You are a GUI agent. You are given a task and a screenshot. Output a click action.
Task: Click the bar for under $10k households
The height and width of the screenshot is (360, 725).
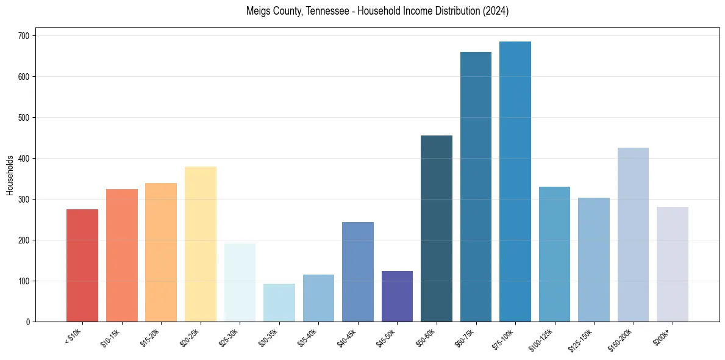[82, 265]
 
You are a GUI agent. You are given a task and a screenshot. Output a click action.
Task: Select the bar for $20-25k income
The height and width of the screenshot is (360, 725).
[200, 244]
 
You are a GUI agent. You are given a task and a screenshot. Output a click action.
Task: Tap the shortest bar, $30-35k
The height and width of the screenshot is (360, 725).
[279, 303]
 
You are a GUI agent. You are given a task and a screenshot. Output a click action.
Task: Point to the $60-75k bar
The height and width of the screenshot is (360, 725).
[476, 187]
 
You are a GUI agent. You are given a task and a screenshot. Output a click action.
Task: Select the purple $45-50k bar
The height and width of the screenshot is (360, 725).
[397, 297]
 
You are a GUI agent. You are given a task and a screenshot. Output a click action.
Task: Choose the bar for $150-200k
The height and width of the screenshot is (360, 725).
[633, 235]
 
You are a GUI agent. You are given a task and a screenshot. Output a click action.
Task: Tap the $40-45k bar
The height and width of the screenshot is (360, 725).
[357, 272]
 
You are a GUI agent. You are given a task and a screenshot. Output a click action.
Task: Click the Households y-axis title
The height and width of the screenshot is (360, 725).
[10, 175]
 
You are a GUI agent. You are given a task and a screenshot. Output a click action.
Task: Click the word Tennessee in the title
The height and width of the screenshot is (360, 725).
[334, 11]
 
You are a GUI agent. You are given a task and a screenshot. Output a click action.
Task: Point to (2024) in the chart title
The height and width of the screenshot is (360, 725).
[496, 11]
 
